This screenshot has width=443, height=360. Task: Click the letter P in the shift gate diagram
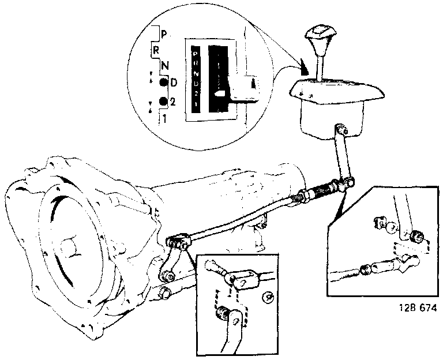tap(164, 33)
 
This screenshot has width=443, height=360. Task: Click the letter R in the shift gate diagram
tap(156, 50)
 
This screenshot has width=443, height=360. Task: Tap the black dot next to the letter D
tap(164, 82)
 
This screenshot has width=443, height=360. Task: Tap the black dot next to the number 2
tap(163, 102)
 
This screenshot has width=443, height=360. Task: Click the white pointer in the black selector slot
tap(220, 93)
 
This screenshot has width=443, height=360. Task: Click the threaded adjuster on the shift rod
tap(324, 190)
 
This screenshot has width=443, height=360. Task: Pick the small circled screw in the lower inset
tap(268, 297)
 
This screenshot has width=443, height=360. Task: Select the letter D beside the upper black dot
tap(174, 82)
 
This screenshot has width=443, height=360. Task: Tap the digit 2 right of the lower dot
tap(173, 102)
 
